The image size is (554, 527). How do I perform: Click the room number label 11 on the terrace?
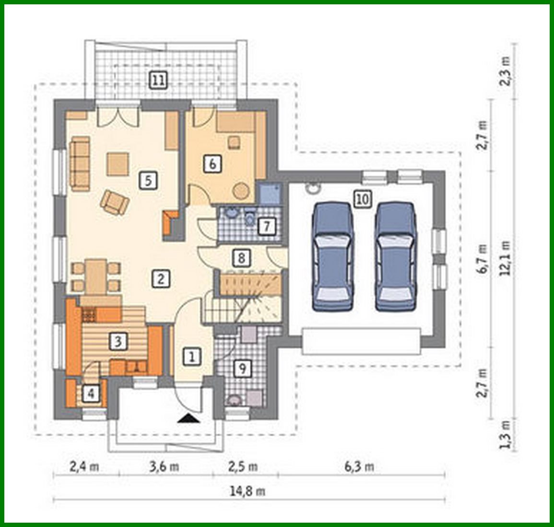tap(157, 80)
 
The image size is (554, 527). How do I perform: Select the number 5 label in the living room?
tap(148, 180)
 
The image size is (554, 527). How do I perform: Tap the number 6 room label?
tap(212, 164)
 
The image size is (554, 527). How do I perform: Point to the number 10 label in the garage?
tap(363, 198)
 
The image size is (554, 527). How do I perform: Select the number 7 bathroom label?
tap(267, 226)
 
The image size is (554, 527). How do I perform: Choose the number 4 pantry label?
tap(92, 394)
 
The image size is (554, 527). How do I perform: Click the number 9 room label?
tap(243, 369)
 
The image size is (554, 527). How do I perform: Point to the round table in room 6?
tap(241, 191)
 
